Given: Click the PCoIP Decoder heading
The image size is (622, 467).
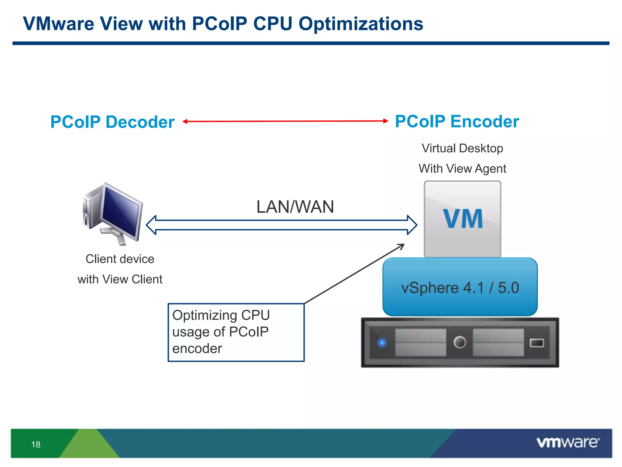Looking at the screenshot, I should tap(112, 122).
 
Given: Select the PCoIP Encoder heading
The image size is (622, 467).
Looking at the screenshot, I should tap(457, 121).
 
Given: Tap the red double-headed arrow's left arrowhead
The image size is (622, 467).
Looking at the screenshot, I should tap(185, 121).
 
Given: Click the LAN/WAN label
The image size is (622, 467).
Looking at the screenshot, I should tap(295, 207).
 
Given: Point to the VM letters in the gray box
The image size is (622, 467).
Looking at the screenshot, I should tap(463, 219).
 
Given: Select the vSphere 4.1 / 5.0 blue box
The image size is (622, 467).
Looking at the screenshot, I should tap(460, 287).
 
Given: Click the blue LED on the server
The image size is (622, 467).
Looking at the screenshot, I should tap(382, 343).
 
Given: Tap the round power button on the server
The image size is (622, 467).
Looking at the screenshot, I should tap(460, 342).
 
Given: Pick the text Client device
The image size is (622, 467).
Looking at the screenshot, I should tap(120, 259).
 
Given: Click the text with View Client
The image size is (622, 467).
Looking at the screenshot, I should tap(120, 279).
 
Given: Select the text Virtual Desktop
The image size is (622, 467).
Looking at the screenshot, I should tap(462, 148).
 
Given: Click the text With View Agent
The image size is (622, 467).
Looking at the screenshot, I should tap(462, 168).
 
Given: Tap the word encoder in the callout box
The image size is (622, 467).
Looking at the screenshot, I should tap(197, 348).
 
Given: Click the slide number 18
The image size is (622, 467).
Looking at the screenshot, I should tap(36, 445).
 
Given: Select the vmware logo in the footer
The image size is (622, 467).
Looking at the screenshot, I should tap(568, 442).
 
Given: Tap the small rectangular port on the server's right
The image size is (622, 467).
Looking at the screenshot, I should tap(537, 343).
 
